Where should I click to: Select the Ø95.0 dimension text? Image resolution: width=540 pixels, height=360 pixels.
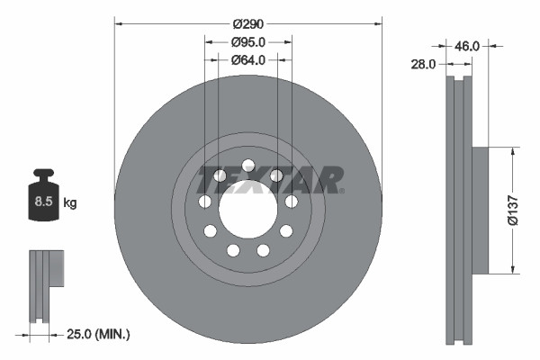[x=248, y=41]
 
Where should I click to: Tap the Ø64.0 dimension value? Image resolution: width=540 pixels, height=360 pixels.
[x=248, y=60]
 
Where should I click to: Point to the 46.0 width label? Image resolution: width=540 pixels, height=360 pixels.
[x=467, y=44]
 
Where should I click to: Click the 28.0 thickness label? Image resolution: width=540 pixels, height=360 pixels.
[x=425, y=65]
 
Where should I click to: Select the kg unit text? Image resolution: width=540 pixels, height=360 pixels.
[x=70, y=203]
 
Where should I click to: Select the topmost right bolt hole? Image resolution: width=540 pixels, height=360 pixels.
[x=276, y=175]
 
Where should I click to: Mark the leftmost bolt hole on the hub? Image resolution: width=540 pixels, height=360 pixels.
[x=206, y=201]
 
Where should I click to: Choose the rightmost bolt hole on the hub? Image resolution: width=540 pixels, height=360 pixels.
[x=292, y=201]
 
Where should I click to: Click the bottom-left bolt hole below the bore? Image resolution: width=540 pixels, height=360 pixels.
[x=233, y=249]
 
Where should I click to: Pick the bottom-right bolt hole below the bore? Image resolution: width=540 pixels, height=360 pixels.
[x=264, y=249]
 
